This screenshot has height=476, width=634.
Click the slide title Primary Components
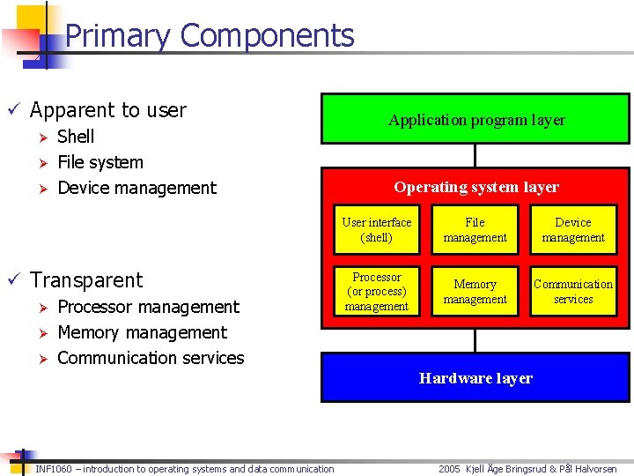[210, 36]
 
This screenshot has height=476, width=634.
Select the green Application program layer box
[475, 119]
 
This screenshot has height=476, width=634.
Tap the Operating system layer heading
[475, 187]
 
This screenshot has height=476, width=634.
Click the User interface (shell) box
[377, 230]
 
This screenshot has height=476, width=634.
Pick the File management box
[475, 230]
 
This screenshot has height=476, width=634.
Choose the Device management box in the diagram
[573, 230]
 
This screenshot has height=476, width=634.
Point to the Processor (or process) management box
[377, 292]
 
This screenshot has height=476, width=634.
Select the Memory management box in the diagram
[475, 292]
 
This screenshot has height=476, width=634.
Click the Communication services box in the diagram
[573, 292]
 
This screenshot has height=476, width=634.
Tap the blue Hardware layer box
[475, 378]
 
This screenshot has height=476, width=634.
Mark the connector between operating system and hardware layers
[475, 340]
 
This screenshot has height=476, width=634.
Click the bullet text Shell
[76, 137]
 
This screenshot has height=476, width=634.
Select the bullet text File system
[100, 162]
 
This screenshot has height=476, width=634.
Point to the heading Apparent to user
[107, 110]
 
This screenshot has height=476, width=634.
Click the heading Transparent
[86, 280]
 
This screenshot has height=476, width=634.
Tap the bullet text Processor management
[148, 307]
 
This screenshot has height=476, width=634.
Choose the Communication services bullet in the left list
[151, 358]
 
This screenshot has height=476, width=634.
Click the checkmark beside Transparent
[13, 280]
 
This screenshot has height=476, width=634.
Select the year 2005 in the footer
[450, 469]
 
